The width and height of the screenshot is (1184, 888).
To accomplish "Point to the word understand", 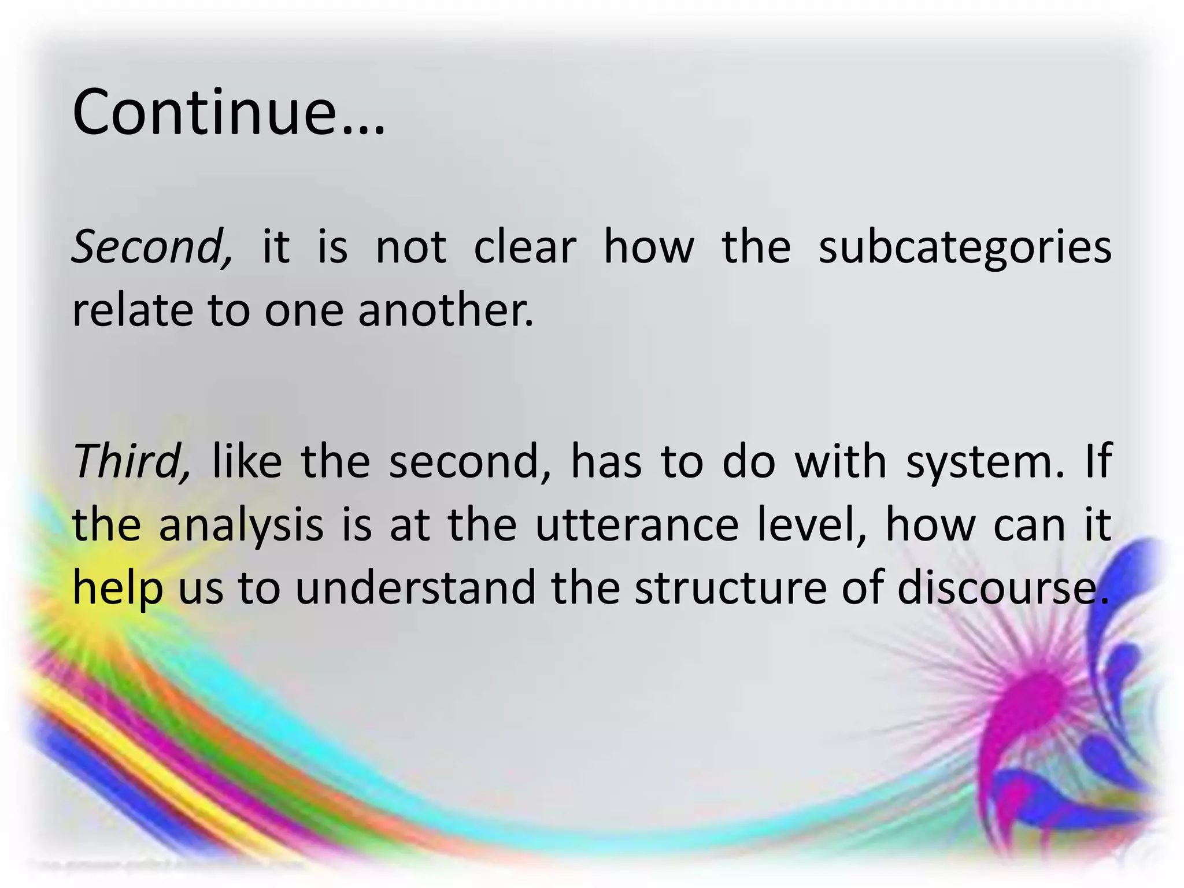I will (416, 587).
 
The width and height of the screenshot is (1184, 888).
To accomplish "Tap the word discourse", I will (1003, 587).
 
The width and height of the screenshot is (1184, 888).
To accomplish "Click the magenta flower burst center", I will (1035, 694).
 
